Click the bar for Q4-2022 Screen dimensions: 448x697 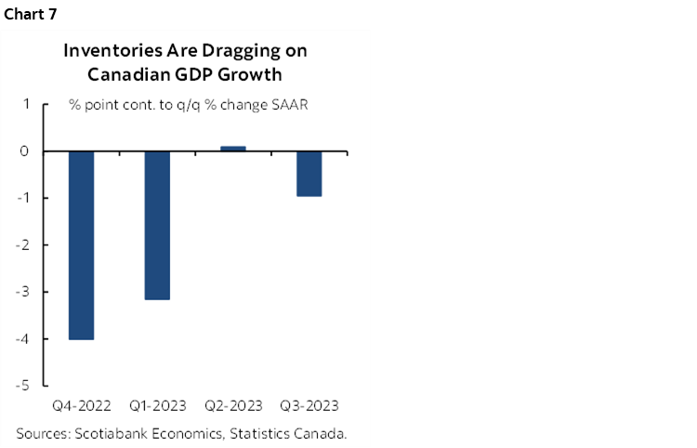coord(81,244)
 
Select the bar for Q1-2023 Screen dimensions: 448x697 coord(157,225)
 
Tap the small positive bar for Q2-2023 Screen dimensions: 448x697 coord(232,148)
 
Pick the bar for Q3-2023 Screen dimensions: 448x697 coord(309,173)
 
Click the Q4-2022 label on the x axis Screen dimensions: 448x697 coord(82,406)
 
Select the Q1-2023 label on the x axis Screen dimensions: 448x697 coord(157,406)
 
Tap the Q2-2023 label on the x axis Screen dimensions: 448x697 coord(233,406)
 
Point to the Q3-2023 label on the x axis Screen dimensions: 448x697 coord(309,406)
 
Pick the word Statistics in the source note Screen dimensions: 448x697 coord(258,433)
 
